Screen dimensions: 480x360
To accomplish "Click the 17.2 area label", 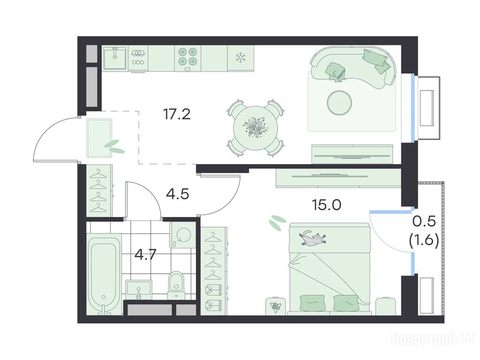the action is pos(177,114).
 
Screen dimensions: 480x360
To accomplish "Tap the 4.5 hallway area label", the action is pos(178,194).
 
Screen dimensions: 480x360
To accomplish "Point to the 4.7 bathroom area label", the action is pos(146,254).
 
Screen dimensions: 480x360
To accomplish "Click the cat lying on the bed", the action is pos(312,237).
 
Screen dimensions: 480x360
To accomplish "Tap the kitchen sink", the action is pos(115,58).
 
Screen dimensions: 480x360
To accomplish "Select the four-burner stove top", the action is pos(187,57).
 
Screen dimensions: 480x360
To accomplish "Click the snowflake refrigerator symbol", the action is pos(240,58).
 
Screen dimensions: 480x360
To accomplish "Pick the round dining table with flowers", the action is pos(255,127).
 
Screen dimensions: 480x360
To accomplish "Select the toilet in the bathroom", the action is pos(176,284).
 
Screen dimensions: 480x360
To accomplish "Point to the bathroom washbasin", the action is pos(139,290).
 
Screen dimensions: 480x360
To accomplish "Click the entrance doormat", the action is pos(99,138).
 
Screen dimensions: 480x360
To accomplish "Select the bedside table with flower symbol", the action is pos(275,306).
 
